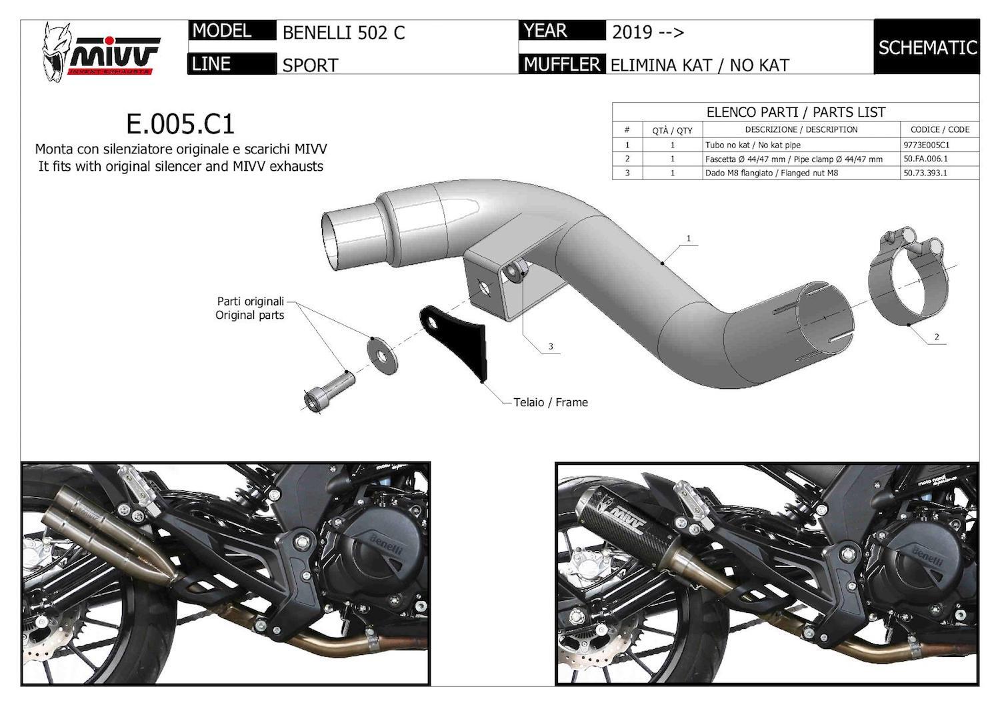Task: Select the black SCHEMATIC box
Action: (x=927, y=47)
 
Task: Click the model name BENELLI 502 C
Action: (x=343, y=33)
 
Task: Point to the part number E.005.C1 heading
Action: (x=180, y=124)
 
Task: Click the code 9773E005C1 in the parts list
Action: (x=927, y=145)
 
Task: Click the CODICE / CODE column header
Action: (x=940, y=129)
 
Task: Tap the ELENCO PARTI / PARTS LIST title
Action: (x=795, y=112)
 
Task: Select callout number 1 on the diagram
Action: (x=688, y=238)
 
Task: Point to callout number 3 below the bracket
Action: (x=551, y=346)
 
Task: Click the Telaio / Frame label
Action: (x=550, y=402)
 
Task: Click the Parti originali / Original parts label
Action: (x=250, y=307)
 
